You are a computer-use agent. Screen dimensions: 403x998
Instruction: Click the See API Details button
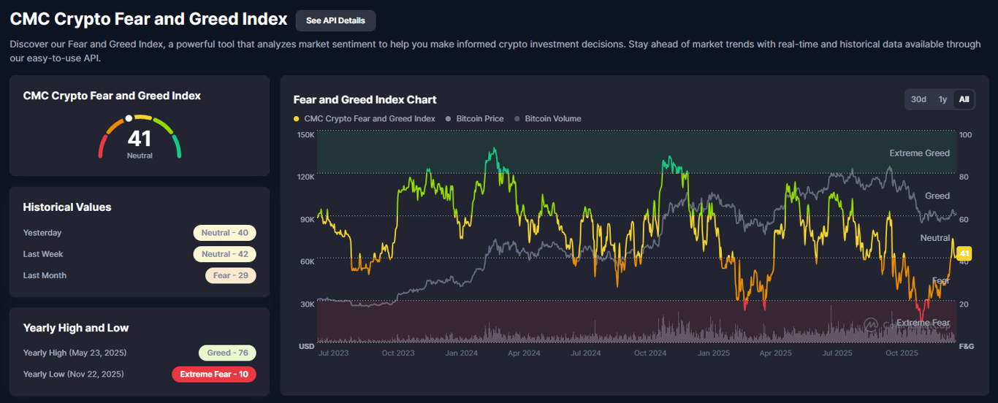pyautogui.click(x=335, y=20)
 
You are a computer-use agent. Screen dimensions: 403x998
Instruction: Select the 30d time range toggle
pyautogui.click(x=918, y=99)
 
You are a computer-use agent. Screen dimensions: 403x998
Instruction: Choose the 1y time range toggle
pyautogui.click(x=942, y=99)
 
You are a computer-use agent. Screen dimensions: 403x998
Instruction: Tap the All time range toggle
pyautogui.click(x=964, y=99)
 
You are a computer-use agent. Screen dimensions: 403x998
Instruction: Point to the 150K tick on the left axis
pyautogui.click(x=305, y=135)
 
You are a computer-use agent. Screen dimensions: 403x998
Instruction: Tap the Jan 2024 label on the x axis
pyautogui.click(x=462, y=353)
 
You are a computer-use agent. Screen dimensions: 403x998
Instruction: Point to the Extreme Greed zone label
pyautogui.click(x=919, y=153)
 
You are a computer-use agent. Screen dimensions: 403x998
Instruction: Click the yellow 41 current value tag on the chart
pyautogui.click(x=964, y=254)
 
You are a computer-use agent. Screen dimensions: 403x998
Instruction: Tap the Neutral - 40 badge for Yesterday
pyautogui.click(x=224, y=233)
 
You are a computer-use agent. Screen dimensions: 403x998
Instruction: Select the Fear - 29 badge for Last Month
pyautogui.click(x=230, y=275)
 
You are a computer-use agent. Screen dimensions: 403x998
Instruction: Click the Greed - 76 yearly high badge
pyautogui.click(x=227, y=353)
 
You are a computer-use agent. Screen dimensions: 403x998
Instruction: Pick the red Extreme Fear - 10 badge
pyautogui.click(x=214, y=374)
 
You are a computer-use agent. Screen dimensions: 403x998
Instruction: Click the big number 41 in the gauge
pyautogui.click(x=140, y=138)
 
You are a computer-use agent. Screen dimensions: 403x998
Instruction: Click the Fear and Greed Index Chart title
pyautogui.click(x=365, y=99)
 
